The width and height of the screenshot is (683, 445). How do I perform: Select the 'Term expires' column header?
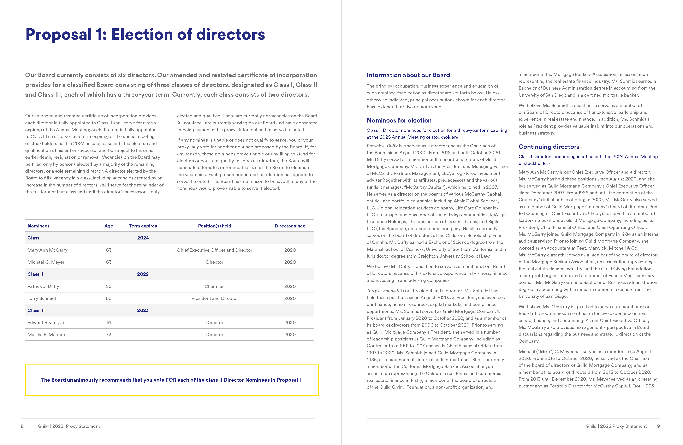(143, 226)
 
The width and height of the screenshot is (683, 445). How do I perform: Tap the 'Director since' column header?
(290, 226)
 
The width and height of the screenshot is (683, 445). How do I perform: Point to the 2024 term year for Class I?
(143, 238)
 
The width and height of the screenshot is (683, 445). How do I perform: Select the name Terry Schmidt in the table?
(42, 298)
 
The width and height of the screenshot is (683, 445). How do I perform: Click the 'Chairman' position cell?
(214, 286)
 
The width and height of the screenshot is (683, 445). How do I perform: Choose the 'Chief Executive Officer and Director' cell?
(214, 250)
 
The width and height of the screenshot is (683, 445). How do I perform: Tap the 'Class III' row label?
(36, 310)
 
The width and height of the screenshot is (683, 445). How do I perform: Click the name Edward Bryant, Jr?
(46, 322)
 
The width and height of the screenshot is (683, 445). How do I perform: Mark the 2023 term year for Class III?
(143, 310)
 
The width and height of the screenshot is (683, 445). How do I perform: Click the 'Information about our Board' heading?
(408, 75)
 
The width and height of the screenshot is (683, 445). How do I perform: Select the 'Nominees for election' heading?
(399, 120)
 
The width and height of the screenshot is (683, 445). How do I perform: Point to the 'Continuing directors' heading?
(549, 147)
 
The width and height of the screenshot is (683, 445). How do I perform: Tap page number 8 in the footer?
(22, 426)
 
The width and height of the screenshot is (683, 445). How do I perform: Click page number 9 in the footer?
(658, 426)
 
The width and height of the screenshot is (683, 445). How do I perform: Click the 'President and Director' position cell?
(214, 298)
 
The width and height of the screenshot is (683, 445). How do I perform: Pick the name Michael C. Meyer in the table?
(46, 262)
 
